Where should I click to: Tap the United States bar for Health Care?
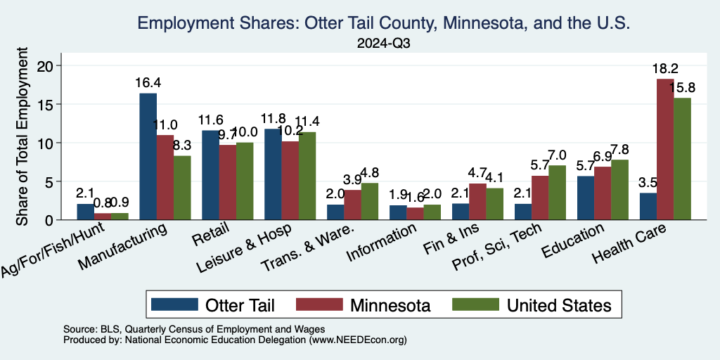coord(682,159)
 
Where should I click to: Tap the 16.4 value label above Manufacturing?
coord(148,82)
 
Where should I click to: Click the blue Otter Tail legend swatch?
coord(173,304)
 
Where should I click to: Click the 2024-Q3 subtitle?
coord(385,43)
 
